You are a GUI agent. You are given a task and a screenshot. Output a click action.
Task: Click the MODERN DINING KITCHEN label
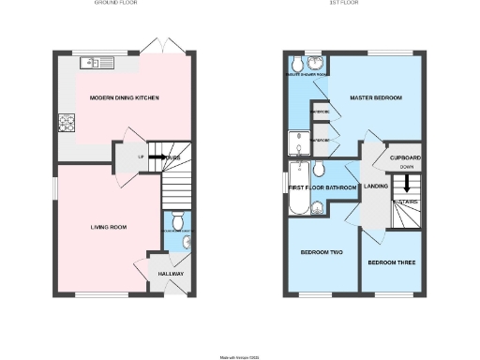[124, 98]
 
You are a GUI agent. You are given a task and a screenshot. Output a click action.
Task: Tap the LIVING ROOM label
[109, 227]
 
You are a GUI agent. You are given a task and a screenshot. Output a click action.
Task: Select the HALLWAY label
[171, 274]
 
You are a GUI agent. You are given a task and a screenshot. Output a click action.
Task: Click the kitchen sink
[97, 63]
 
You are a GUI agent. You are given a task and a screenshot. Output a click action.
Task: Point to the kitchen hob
[67, 121]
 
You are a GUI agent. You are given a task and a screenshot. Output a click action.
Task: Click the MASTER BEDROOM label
[375, 97]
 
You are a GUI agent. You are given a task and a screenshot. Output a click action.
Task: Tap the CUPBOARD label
[405, 157]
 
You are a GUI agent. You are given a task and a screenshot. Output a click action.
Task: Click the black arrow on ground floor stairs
[158, 157]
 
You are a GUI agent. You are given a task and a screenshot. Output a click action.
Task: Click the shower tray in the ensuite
[297, 141]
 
